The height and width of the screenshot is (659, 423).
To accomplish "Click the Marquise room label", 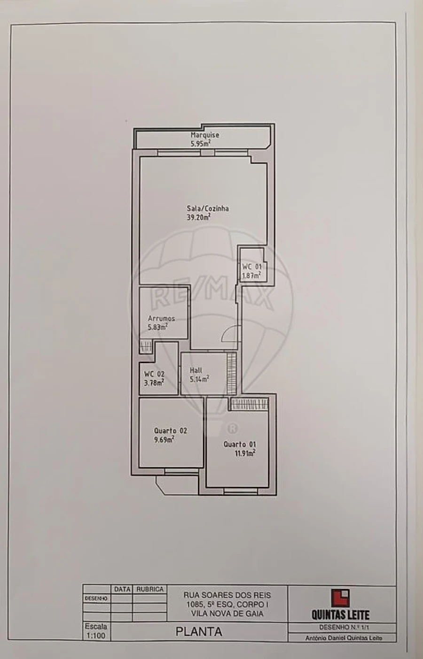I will click(204, 135).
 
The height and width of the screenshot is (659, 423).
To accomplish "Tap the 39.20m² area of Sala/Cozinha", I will click(198, 217).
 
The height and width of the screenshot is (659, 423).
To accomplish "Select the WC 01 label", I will click(251, 267).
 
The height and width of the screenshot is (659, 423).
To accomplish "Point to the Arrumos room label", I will click(161, 318).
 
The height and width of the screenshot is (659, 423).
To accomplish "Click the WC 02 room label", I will click(154, 374).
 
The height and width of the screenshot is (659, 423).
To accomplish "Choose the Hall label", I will click(196, 370).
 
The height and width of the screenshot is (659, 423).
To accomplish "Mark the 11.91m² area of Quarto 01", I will click(245, 453).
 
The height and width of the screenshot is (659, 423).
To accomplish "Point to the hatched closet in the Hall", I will click(231, 374).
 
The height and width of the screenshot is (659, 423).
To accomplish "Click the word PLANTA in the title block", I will click(198, 632).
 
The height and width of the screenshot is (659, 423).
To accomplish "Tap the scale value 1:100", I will click(96, 636).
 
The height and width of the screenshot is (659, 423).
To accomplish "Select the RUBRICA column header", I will click(149, 589).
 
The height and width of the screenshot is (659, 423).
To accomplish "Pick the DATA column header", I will click(122, 589).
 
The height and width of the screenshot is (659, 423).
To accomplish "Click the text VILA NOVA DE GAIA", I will click(227, 613).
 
